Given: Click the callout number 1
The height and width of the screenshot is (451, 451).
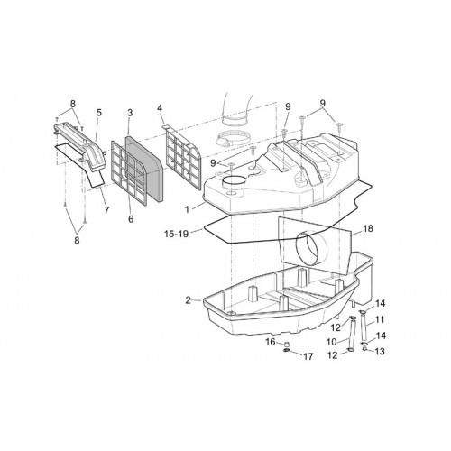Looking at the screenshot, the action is click(x=187, y=209).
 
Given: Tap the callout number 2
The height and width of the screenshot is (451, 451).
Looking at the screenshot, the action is click(x=188, y=300).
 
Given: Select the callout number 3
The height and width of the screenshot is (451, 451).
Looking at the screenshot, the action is click(x=130, y=113).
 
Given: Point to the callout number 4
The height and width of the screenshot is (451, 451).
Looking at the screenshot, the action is click(x=160, y=108).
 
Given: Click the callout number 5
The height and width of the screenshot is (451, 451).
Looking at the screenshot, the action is click(x=99, y=113).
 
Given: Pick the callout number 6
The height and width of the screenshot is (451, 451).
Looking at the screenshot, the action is click(x=131, y=219).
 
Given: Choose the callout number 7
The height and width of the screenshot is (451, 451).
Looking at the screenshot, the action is click(x=106, y=210).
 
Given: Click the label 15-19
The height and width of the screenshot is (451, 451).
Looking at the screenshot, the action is click(x=177, y=234).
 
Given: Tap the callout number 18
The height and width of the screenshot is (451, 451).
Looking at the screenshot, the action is click(x=368, y=228).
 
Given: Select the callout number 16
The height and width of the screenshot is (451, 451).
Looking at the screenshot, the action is click(x=271, y=342).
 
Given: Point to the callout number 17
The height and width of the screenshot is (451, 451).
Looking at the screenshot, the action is click(x=308, y=356).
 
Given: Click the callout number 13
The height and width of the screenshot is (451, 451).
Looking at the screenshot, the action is click(x=380, y=351).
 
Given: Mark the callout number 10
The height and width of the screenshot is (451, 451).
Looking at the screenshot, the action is click(x=332, y=342).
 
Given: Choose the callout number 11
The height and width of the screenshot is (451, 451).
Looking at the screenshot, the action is click(x=380, y=319).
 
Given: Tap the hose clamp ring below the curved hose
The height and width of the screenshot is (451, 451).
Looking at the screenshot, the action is click(x=229, y=138).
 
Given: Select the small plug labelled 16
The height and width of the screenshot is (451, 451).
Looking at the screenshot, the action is click(x=287, y=344).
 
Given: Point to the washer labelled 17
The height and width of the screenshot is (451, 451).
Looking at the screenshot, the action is click(x=287, y=351).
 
